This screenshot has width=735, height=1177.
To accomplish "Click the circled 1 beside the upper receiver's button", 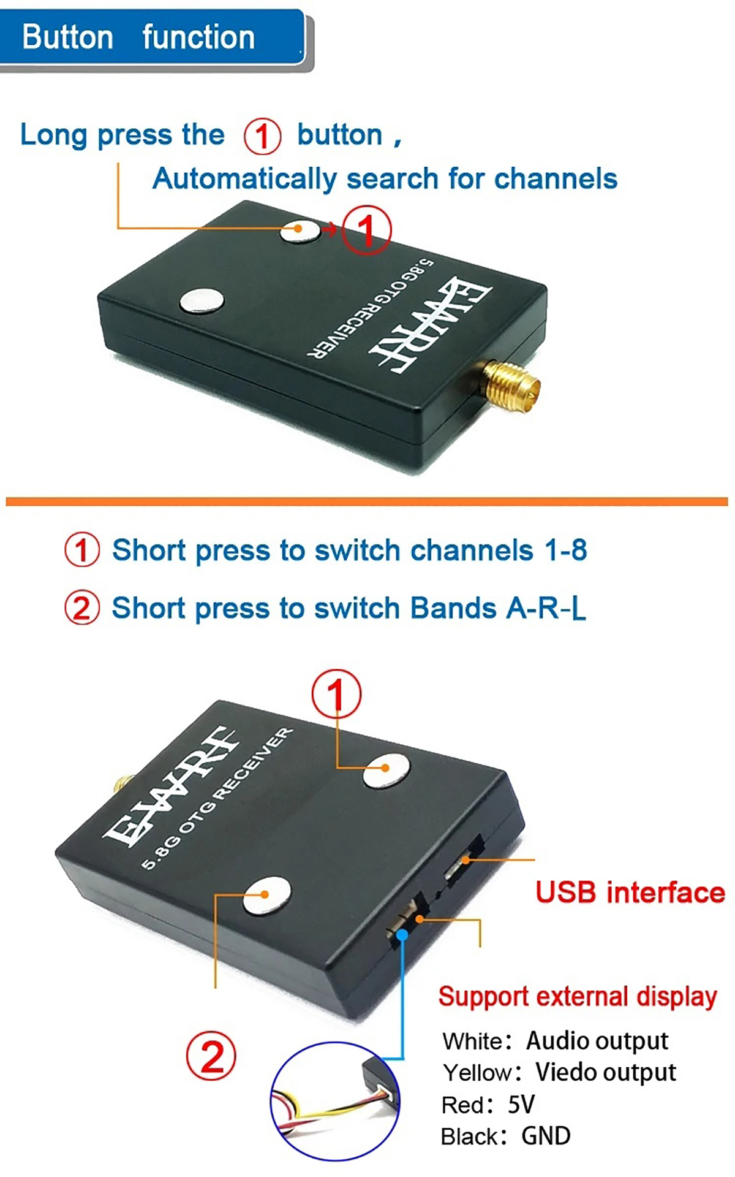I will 366,230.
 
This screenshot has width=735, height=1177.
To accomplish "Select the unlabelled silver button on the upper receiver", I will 202,300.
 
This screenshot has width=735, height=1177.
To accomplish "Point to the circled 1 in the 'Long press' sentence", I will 262,136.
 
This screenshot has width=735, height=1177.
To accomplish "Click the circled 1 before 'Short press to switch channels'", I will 81,550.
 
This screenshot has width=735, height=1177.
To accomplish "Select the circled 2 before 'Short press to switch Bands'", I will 81,608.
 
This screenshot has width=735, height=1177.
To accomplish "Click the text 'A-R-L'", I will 546,608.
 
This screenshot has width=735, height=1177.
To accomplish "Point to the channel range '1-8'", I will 566,550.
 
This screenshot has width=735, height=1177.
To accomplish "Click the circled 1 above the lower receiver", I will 336,693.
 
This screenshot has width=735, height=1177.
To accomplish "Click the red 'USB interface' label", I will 630,893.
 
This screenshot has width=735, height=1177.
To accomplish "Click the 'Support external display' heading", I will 577,997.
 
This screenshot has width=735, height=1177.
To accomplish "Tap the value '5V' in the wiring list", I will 521,1105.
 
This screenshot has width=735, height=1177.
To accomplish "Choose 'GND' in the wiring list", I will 546,1136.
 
